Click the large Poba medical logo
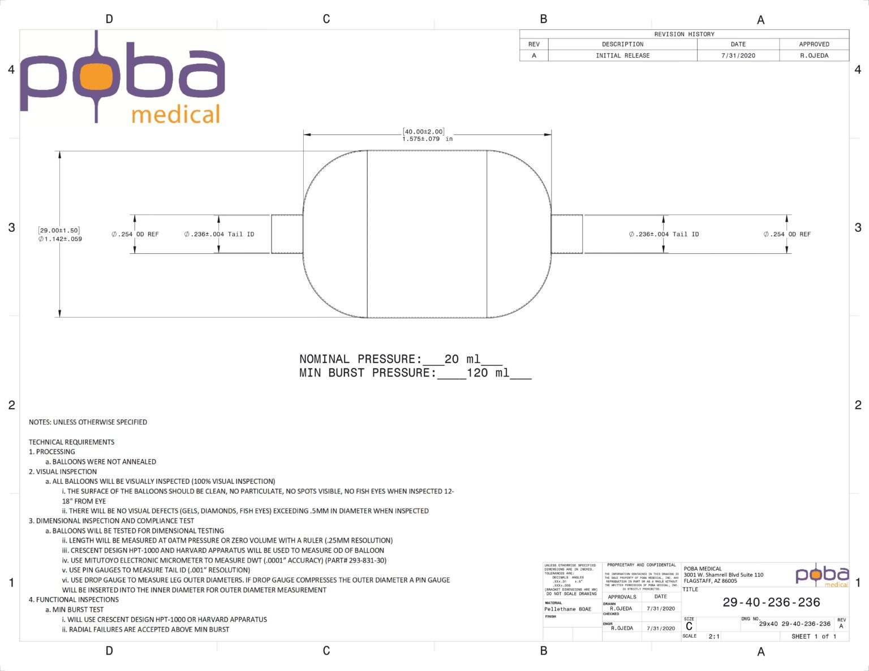click(x=123, y=77)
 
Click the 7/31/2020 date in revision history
click(x=738, y=55)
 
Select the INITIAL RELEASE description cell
click(x=622, y=55)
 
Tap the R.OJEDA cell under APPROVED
click(x=814, y=55)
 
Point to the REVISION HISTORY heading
click(x=684, y=34)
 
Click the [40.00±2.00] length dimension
click(x=423, y=132)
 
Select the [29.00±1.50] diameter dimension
click(x=59, y=230)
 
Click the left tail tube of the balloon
click(x=287, y=234)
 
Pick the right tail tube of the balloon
click(x=566, y=234)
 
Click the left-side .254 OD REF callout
click(x=135, y=234)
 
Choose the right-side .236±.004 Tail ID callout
click(x=664, y=234)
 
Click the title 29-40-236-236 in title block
click(x=771, y=602)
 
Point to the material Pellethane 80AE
click(x=567, y=609)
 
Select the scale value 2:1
click(x=714, y=637)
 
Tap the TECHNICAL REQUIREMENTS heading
click(x=72, y=442)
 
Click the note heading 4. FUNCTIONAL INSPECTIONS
click(x=74, y=599)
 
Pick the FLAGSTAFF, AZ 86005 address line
click(x=710, y=581)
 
